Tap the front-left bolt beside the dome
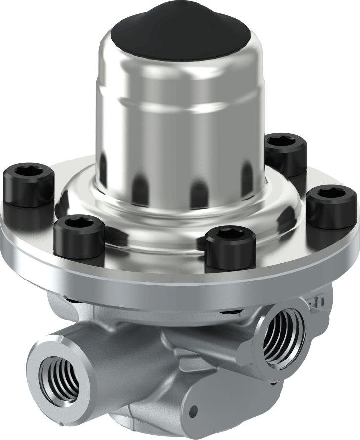[79, 238]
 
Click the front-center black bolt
[230, 247]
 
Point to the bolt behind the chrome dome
[285, 153]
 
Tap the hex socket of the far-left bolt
[28, 171]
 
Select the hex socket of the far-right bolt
[331, 193]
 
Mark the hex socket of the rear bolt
[285, 141]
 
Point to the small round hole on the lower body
[194, 409]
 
